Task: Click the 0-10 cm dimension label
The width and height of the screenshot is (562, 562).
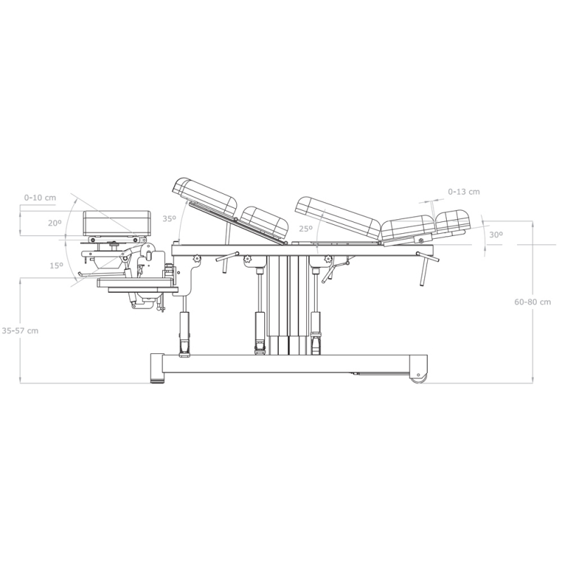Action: tap(40, 197)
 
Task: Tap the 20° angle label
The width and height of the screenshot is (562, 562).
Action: tap(55, 223)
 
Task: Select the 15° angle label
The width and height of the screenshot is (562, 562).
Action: tap(56, 266)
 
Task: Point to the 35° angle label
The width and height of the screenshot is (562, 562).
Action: tap(169, 218)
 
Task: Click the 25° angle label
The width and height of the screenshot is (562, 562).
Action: tap(306, 229)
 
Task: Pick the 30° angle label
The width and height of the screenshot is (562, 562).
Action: tap(496, 235)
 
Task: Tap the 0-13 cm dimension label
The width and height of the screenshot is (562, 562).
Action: tap(464, 192)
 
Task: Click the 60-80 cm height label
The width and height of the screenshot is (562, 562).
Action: tap(532, 302)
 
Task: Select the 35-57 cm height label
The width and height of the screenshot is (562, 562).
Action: tap(20, 331)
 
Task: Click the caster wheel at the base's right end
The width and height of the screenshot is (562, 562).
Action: tap(419, 379)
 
